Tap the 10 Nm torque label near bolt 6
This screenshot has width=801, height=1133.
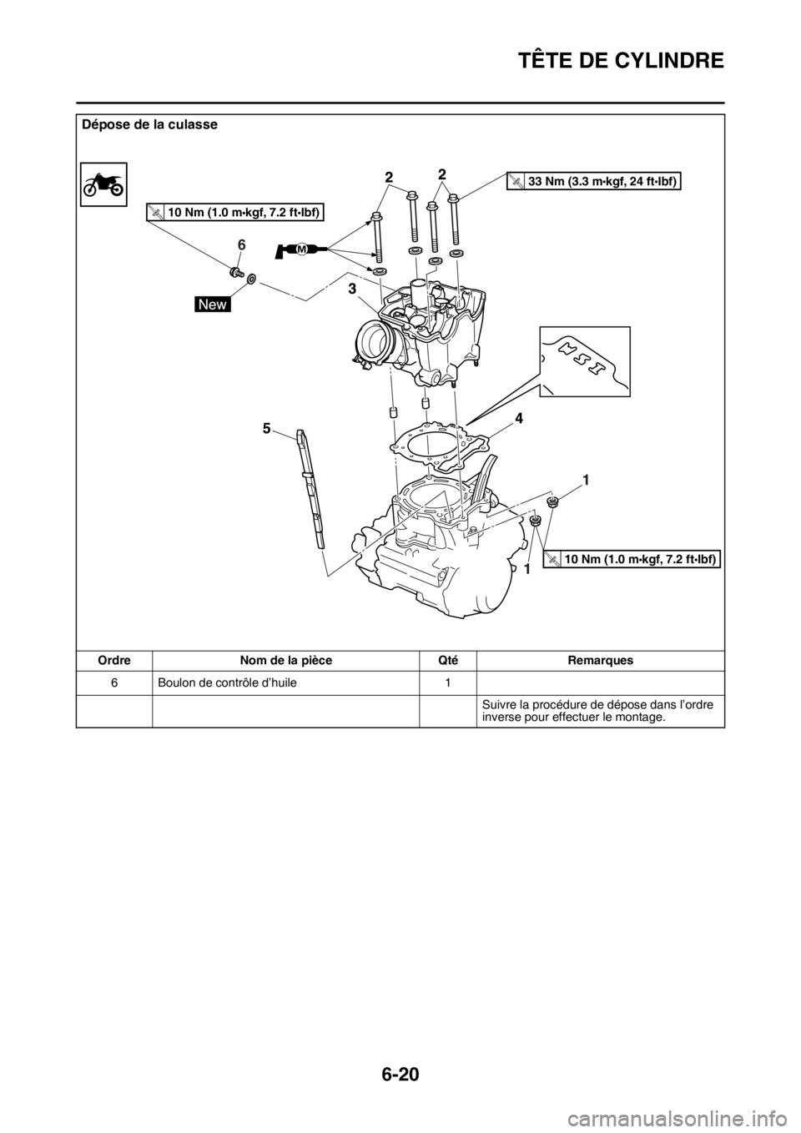pyautogui.click(x=234, y=212)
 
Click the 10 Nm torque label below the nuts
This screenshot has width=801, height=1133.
pyautogui.click(x=632, y=559)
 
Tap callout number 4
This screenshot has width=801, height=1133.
pyautogui.click(x=518, y=420)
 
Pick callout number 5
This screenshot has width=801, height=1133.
pyautogui.click(x=266, y=428)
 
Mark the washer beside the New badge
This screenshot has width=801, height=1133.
pyautogui.click(x=252, y=278)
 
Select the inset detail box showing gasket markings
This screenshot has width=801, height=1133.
pyautogui.click(x=584, y=360)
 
